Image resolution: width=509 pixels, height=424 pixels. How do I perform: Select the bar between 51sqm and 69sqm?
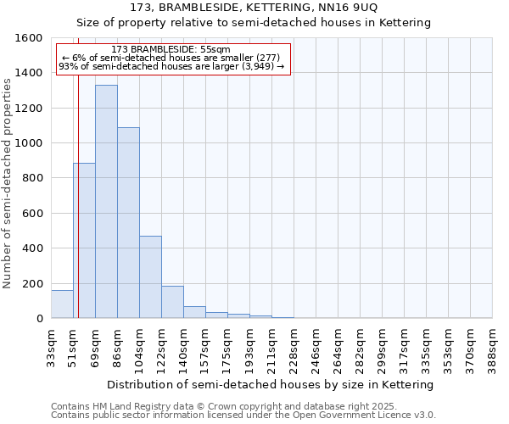84,241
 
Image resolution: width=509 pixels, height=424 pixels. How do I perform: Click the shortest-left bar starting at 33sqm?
62,304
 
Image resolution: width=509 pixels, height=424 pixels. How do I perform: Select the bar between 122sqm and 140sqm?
172,303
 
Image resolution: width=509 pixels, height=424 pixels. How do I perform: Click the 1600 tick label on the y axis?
29,38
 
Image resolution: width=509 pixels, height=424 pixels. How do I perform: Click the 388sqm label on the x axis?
492,346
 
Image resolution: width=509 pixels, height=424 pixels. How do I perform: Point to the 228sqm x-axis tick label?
294,346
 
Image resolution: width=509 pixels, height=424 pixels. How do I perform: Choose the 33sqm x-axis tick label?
51,346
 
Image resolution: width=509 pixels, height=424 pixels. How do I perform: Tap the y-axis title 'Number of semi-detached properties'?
8,178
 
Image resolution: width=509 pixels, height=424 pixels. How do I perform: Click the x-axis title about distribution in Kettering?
271,384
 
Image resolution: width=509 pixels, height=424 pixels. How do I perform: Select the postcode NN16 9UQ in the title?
344,8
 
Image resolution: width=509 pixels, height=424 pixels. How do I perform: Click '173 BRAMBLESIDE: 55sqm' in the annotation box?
171,50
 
